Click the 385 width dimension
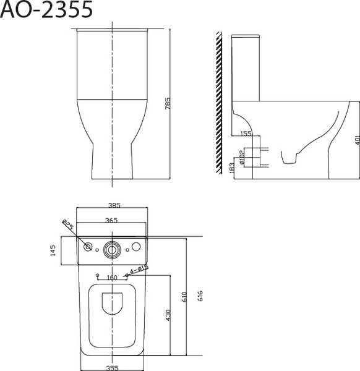tap(113, 205)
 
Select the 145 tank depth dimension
tap(54, 250)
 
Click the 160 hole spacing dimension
tap(113, 278)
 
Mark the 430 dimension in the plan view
tap(168, 315)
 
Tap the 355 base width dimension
tap(113, 366)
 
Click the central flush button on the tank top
tap(112, 248)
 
